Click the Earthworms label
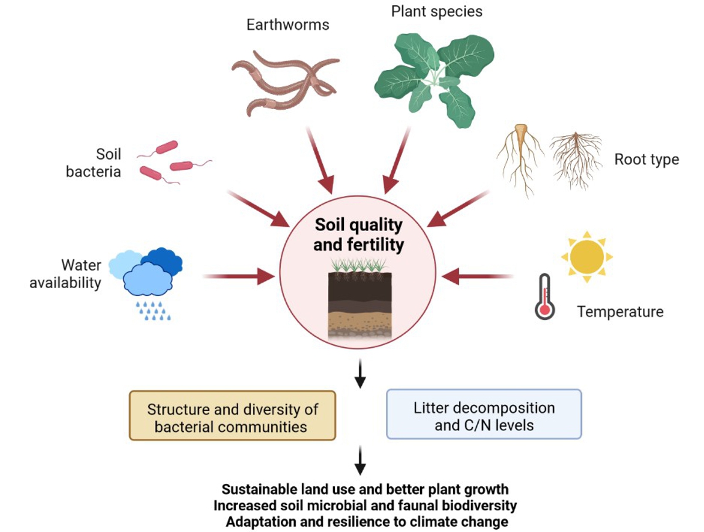tap(287, 25)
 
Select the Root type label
tap(647, 159)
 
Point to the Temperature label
tap(620, 311)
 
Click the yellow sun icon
tap(586, 257)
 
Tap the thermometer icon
tap(545, 297)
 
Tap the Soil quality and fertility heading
tap(358, 235)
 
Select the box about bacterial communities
tap(232, 416)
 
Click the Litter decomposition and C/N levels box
tap(483, 415)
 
